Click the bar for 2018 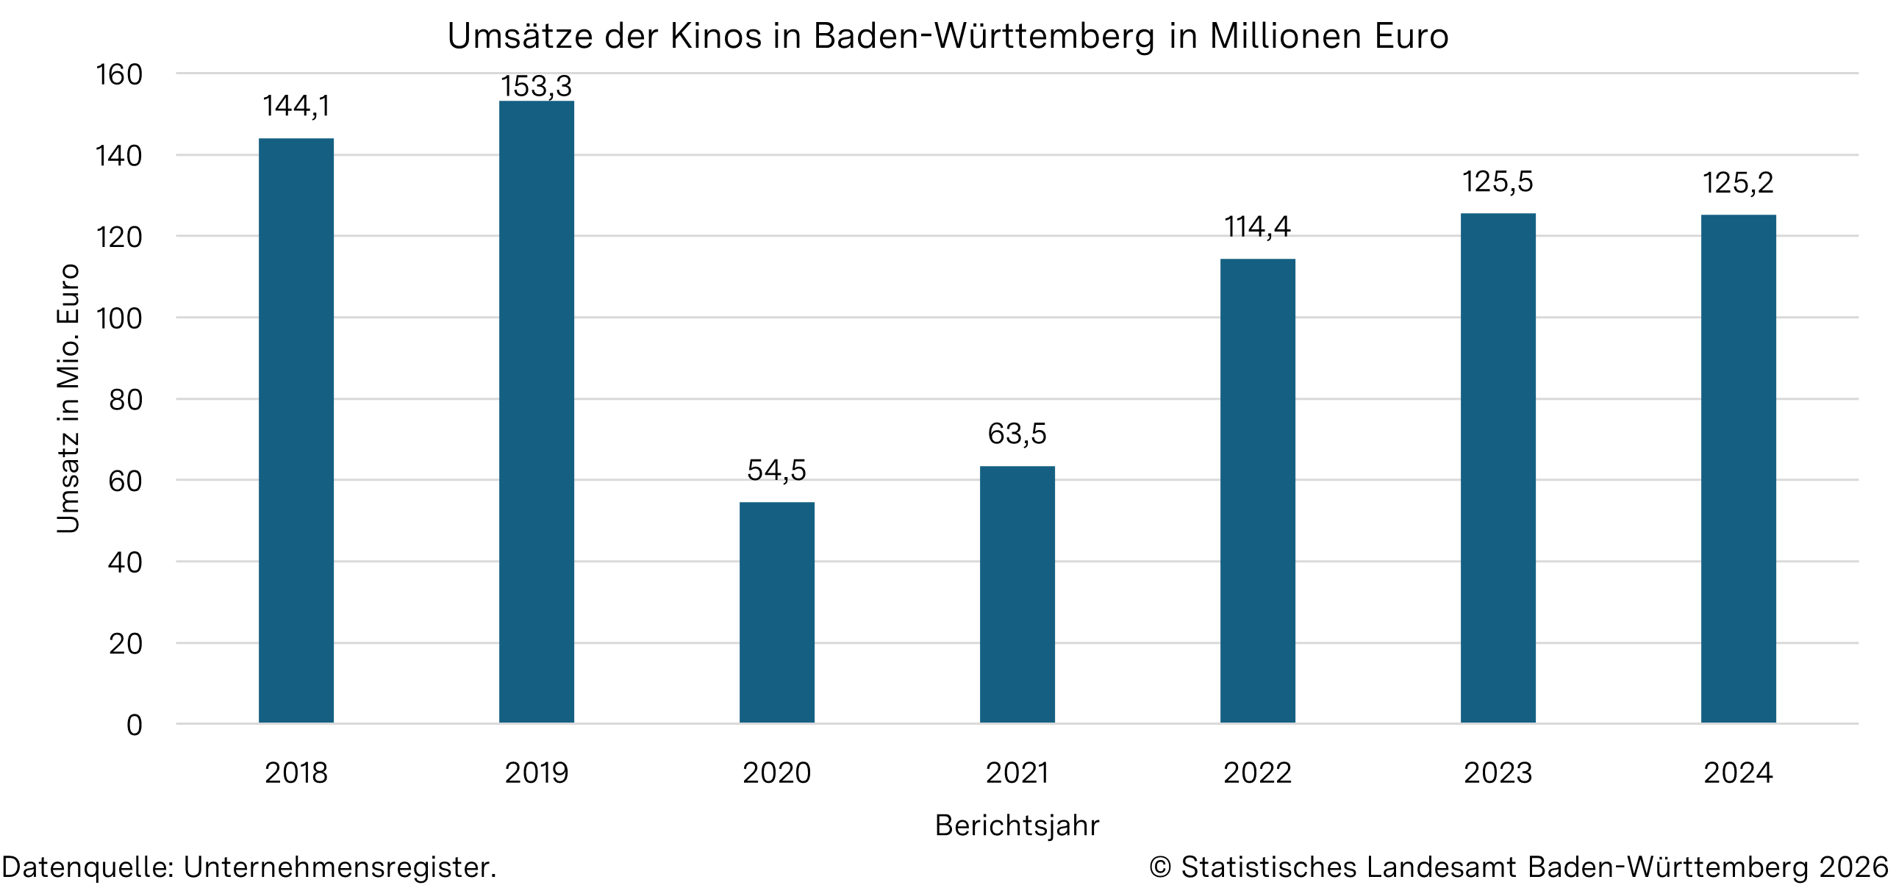pyautogui.click(x=296, y=430)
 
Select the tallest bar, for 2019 pyautogui.click(x=537, y=412)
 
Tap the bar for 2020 pyautogui.click(x=776, y=612)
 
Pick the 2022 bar pyautogui.click(x=1257, y=491)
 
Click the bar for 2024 pyautogui.click(x=1738, y=469)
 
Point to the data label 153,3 pyautogui.click(x=537, y=87)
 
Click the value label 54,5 pyautogui.click(x=776, y=470)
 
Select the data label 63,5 pyautogui.click(x=1017, y=434)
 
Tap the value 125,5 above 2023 pyautogui.click(x=1497, y=182)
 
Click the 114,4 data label pyautogui.click(x=1257, y=227)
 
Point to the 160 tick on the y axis pyautogui.click(x=118, y=75)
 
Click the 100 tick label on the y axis pyautogui.click(x=118, y=318)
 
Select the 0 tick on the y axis pyautogui.click(x=134, y=725)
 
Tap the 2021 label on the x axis pyautogui.click(x=1017, y=773)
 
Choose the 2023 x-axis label pyautogui.click(x=1497, y=773)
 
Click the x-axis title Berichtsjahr pyautogui.click(x=1017, y=825)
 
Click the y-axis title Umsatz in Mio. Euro pyautogui.click(x=68, y=398)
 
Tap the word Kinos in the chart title pyautogui.click(x=715, y=37)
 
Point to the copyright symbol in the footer pyautogui.click(x=1160, y=867)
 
